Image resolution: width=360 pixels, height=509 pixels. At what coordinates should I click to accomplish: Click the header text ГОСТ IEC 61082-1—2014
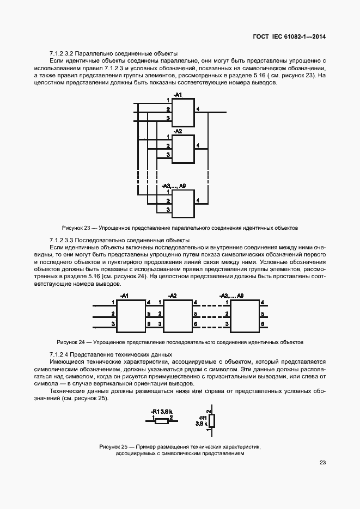pyautogui.click(x=292, y=37)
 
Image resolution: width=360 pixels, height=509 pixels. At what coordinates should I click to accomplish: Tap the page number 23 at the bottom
pyautogui.click(x=322, y=463)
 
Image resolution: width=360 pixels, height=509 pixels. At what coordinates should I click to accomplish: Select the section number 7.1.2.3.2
pyautogui.click(x=62, y=54)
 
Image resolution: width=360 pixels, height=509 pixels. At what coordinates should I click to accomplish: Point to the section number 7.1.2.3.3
pyautogui.click(x=62, y=240)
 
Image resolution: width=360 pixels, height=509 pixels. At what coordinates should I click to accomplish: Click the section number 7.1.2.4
pyautogui.click(x=58, y=354)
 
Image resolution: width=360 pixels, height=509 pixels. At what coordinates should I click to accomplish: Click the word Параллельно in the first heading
pyautogui.click(x=90, y=54)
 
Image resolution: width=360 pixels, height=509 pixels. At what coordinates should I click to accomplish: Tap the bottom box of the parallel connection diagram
pyautogui.click(x=183, y=201)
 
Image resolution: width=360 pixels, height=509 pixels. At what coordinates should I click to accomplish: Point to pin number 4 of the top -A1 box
pyautogui.click(x=198, y=110)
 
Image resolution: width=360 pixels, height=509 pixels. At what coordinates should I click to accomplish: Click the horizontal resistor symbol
pyautogui.click(x=162, y=421)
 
